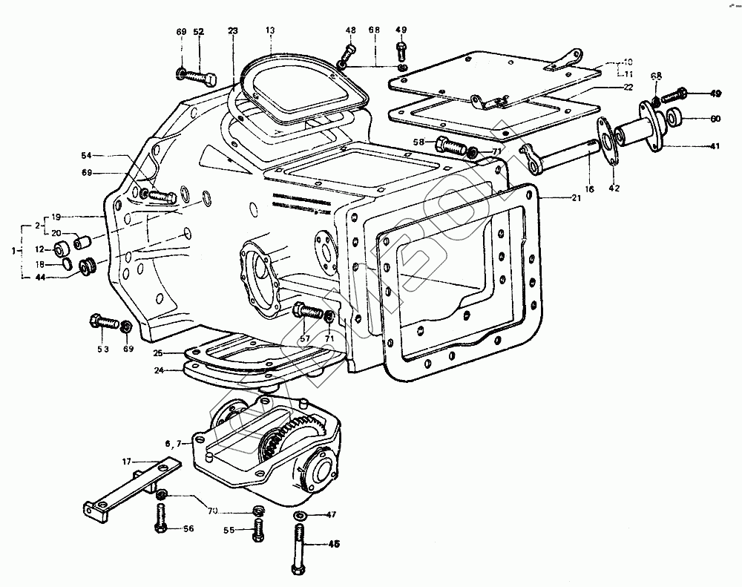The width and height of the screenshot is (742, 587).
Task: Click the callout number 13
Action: point(270,30)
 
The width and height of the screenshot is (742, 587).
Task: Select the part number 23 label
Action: point(233,30)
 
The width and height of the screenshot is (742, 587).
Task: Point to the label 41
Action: point(715,146)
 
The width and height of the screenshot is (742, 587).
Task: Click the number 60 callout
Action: point(715,119)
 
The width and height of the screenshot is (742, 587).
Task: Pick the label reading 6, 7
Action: point(173,444)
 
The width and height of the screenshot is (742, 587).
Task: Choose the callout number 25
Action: point(158,352)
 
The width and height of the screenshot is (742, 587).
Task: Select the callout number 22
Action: point(628,87)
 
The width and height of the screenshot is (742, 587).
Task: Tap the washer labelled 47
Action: point(301,515)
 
